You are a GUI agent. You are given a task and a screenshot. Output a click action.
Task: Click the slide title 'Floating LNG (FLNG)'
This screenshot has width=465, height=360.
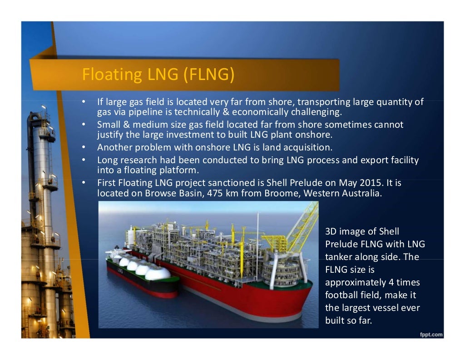click(x=158, y=75)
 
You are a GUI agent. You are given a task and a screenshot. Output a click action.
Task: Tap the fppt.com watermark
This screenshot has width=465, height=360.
click(x=431, y=335)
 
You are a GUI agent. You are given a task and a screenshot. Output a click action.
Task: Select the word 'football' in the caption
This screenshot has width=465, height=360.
click(x=342, y=295)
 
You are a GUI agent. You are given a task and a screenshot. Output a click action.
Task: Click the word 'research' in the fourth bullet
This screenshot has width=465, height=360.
click(x=138, y=160)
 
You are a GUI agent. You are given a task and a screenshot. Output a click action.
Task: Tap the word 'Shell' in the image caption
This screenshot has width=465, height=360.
click(x=389, y=231)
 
